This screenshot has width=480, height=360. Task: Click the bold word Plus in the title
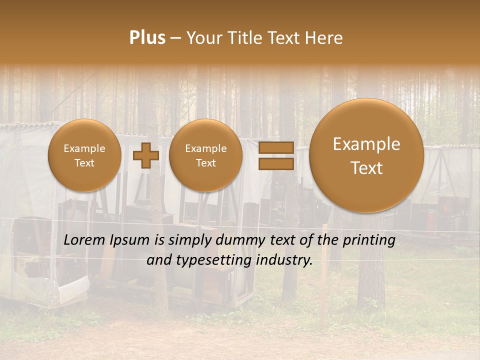(x=147, y=38)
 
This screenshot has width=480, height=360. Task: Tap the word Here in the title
(x=324, y=38)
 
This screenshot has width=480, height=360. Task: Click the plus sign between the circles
(x=145, y=156)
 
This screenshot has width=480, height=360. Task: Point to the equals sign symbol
(x=276, y=155)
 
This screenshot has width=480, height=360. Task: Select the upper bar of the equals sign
(x=276, y=147)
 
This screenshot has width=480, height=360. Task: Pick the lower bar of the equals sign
(x=276, y=163)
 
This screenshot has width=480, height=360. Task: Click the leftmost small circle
(x=84, y=155)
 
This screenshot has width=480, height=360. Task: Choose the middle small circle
(x=206, y=155)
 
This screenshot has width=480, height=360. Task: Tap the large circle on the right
(x=366, y=155)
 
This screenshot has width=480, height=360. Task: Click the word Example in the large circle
(x=366, y=144)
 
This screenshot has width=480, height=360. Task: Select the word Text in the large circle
(x=366, y=168)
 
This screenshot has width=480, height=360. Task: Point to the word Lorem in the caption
(x=84, y=240)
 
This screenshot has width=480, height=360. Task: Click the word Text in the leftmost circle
(x=84, y=163)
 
